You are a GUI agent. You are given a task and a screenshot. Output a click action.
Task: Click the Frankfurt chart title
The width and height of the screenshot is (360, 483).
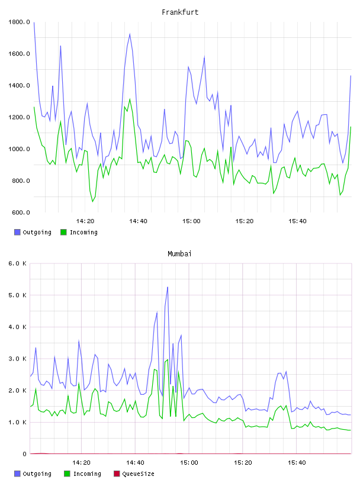tap(180, 12)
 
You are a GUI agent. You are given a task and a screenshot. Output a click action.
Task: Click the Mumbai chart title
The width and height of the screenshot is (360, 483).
tap(179, 254)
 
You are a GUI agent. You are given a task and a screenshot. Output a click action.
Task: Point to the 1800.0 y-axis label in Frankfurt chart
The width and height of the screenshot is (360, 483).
tap(19, 22)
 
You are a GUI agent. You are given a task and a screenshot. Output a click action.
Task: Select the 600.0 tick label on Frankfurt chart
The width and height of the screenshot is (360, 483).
tap(21, 212)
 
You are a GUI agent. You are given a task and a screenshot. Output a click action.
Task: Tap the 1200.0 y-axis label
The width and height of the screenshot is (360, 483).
tap(19, 117)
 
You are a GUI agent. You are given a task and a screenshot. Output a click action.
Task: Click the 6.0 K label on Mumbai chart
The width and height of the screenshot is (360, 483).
tap(18, 263)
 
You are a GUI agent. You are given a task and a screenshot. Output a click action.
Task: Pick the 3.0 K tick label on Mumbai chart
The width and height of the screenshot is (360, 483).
tap(18, 359)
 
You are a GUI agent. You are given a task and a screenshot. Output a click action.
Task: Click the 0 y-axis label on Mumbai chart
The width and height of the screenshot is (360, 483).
tap(25, 454)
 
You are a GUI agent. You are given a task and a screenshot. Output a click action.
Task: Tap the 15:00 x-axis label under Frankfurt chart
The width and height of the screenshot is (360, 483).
tap(191, 221)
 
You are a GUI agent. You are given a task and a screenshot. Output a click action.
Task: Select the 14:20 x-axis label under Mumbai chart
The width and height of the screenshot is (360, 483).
tap(81, 463)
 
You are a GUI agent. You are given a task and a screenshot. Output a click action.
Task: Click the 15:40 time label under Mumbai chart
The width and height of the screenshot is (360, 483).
tap(297, 463)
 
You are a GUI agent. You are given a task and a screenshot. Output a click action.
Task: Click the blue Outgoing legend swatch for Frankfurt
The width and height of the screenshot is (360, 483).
tap(17, 232)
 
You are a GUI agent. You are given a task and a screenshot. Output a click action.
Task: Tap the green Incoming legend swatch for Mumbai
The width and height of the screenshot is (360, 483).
tap(67, 474)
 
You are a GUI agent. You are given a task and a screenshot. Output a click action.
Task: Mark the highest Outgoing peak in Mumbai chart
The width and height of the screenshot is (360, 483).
tap(168, 287)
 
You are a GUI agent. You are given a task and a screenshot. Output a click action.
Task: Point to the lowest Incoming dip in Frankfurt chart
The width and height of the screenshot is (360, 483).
tap(92, 201)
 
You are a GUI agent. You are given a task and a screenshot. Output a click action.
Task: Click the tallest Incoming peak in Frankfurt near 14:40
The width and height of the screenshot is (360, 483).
tap(130, 99)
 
